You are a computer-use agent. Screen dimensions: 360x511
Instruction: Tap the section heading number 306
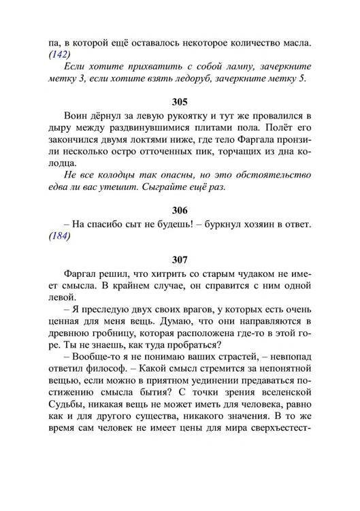[180, 210]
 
